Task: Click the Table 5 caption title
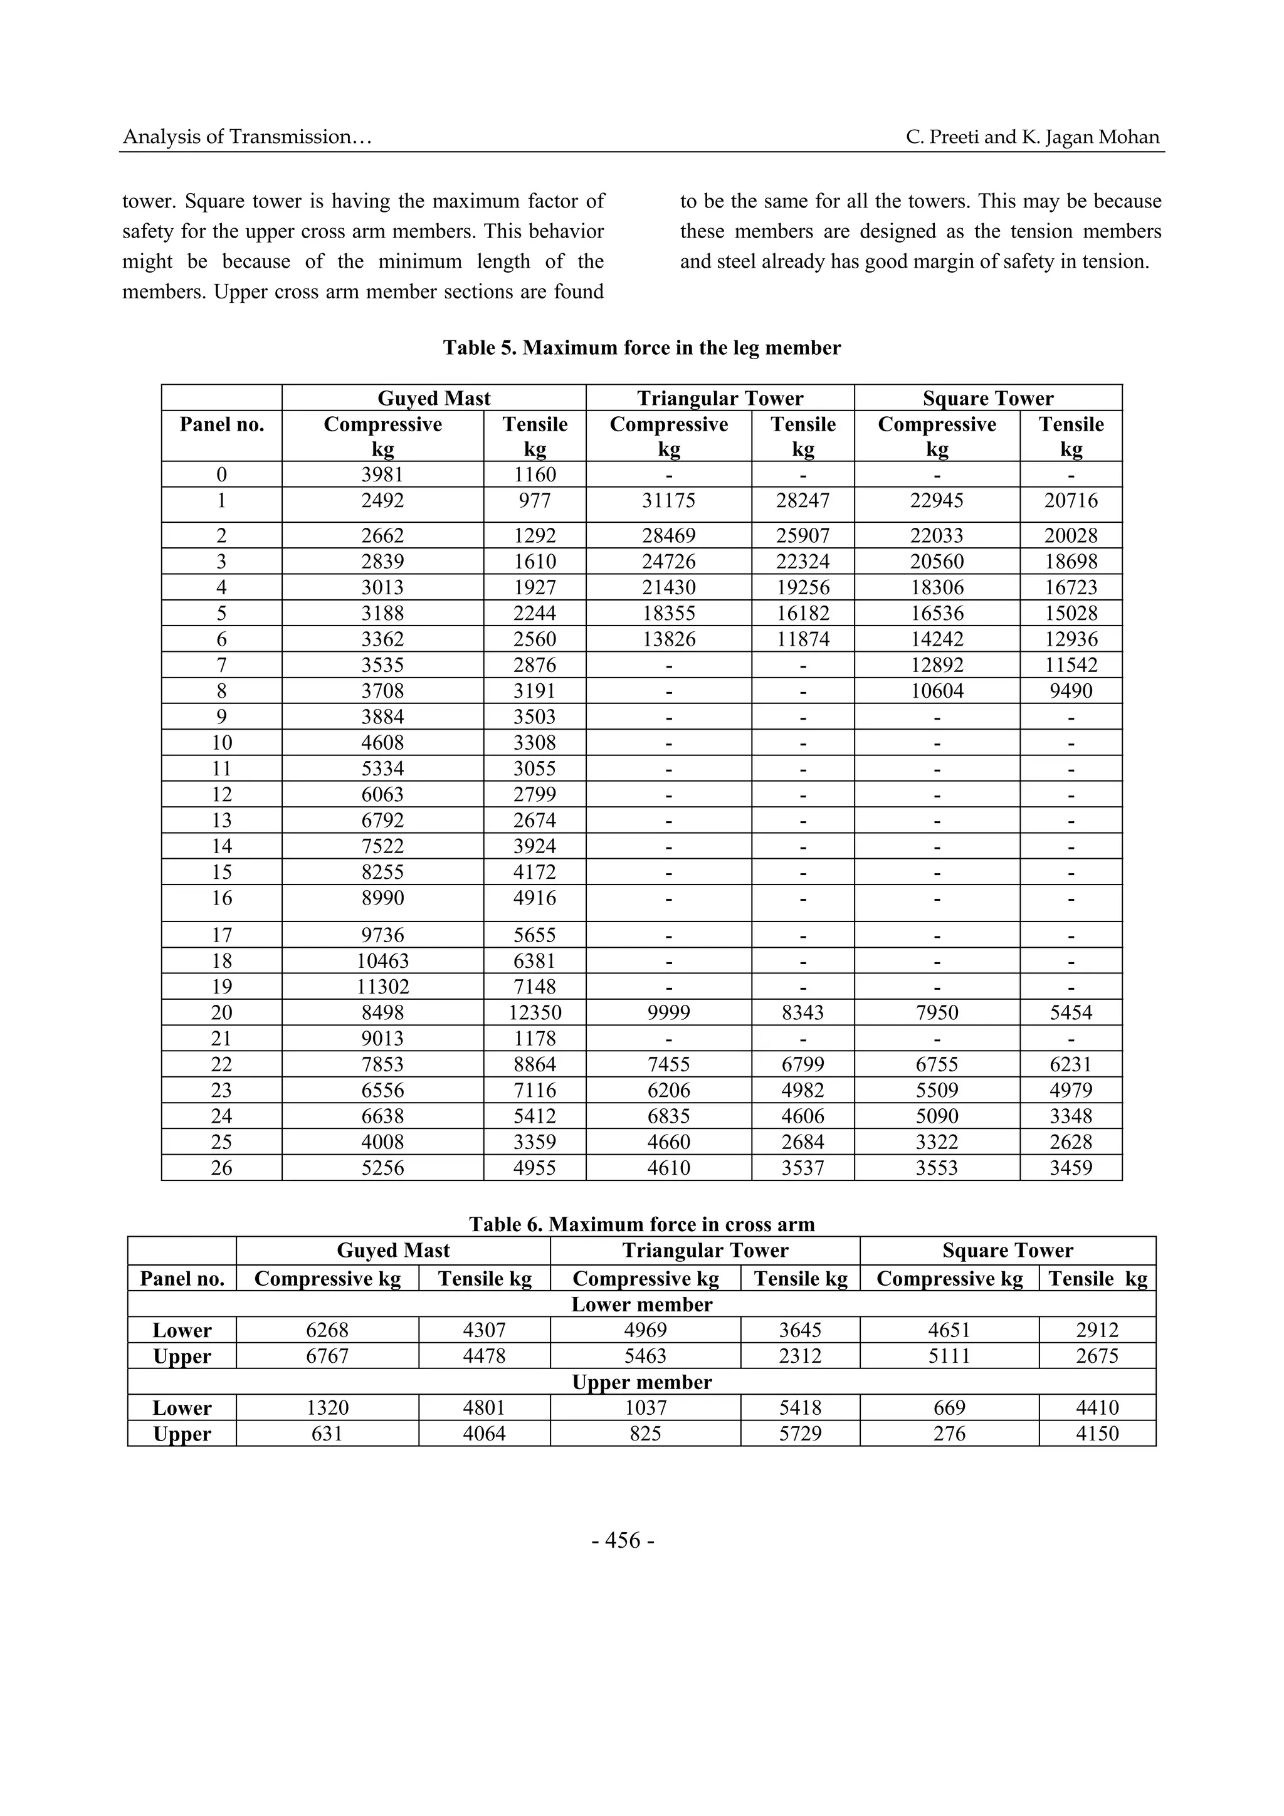(641, 348)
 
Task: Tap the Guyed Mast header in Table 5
(433, 398)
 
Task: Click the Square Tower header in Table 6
(1007, 1251)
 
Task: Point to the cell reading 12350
(535, 1012)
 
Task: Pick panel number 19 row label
(221, 986)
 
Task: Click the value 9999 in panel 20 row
(668, 1012)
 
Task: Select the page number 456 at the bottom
(623, 1541)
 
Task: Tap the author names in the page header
(1033, 137)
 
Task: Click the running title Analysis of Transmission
(247, 137)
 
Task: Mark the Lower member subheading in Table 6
(641, 1304)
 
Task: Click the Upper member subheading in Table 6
(641, 1382)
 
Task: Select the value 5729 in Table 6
(800, 1433)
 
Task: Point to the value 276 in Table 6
(949, 1433)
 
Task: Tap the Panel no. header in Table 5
(221, 425)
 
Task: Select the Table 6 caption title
(641, 1224)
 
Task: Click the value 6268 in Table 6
(327, 1330)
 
